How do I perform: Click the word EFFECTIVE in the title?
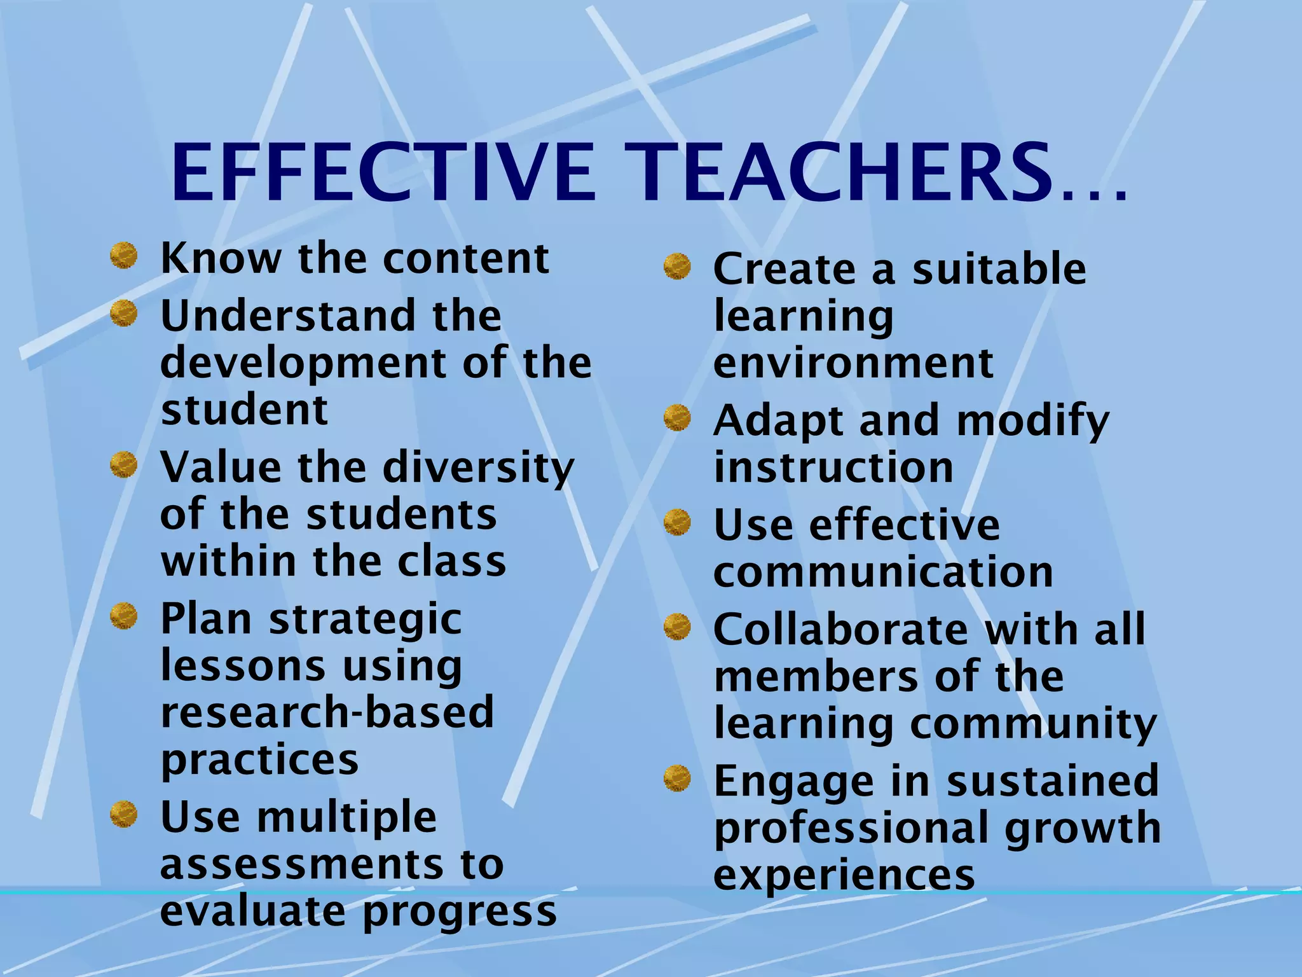pyautogui.click(x=384, y=173)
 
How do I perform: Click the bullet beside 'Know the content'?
pyautogui.click(x=123, y=256)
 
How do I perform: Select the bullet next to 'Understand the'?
pyautogui.click(x=123, y=314)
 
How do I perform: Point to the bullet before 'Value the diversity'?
pyautogui.click(x=123, y=465)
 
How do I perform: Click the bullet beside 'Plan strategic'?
pyautogui.click(x=123, y=616)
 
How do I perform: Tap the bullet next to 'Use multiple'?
pyautogui.click(x=123, y=815)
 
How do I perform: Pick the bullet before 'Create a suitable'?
pyautogui.click(x=677, y=267)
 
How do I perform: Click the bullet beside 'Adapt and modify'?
pyautogui.click(x=677, y=419)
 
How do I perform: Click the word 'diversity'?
pyautogui.click(x=478, y=468)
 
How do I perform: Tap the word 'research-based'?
pyautogui.click(x=327, y=712)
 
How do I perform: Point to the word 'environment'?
pyautogui.click(x=853, y=363)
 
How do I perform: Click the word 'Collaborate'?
pyautogui.click(x=840, y=630)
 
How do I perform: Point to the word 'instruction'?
pyautogui.click(x=833, y=468)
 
